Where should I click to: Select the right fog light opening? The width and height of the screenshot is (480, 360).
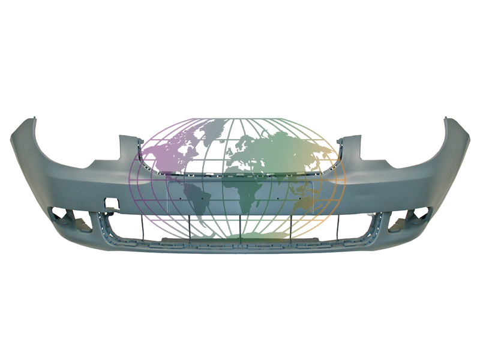409,219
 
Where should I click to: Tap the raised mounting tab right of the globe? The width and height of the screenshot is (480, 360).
349,144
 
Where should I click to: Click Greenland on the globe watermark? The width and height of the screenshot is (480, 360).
213,127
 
